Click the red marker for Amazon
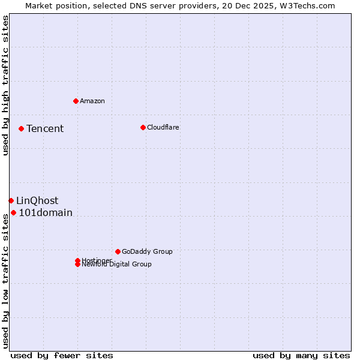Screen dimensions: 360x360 point(76,101)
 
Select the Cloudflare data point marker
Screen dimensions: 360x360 point(143,127)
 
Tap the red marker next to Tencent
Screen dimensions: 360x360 point(21,128)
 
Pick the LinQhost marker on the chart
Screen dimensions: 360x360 point(11,200)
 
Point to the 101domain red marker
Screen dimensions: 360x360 point(13,212)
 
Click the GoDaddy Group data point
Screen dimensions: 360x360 point(118,251)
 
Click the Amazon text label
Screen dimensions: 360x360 point(92,101)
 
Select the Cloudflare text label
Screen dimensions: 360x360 point(163,127)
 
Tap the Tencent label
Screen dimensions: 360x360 point(45,128)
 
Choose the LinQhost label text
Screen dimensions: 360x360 point(37,200)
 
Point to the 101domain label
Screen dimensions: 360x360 point(46,212)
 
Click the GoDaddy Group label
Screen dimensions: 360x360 point(147,251)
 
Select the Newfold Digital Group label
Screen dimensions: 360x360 point(117,265)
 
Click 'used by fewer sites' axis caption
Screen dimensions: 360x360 point(62,355)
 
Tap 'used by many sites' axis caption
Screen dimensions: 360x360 point(301,355)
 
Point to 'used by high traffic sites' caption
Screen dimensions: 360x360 point(5,85)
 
